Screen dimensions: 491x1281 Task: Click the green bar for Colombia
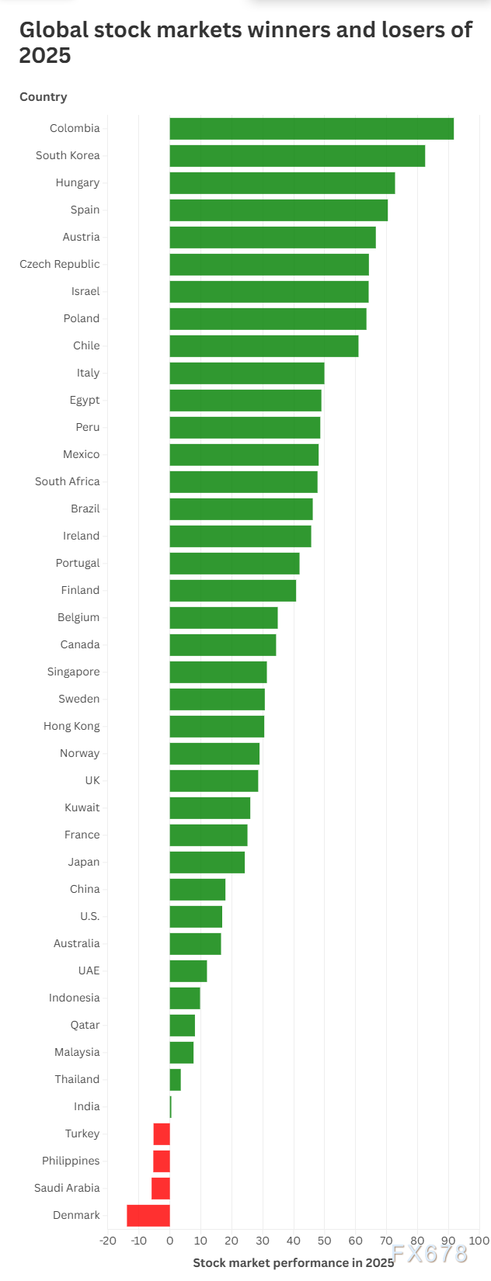(x=312, y=129)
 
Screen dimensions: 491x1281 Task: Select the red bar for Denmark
(x=148, y=1215)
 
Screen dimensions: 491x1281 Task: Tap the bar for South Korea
(x=298, y=155)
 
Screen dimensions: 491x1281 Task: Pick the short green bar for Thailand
(x=175, y=1080)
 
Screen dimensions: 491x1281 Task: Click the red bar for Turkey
(x=162, y=1134)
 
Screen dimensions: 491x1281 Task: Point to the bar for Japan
(x=207, y=863)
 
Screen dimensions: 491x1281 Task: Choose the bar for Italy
(x=247, y=373)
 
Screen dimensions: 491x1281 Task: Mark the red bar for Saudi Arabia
(x=161, y=1189)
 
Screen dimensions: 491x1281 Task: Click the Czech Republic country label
(x=60, y=264)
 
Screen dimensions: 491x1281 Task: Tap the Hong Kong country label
(x=71, y=726)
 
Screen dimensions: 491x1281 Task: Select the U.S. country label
(x=90, y=916)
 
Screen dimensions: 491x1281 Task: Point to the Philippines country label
(x=71, y=1161)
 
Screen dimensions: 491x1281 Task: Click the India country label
(x=87, y=1106)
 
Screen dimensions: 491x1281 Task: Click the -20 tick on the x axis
(x=107, y=1241)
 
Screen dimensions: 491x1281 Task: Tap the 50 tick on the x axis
(x=325, y=1241)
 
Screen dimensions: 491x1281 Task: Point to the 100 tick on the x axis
(x=479, y=1241)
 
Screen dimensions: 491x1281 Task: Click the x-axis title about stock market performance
(x=294, y=1262)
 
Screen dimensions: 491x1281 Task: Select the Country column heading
(x=44, y=97)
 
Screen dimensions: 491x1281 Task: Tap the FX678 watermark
(x=430, y=1254)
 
